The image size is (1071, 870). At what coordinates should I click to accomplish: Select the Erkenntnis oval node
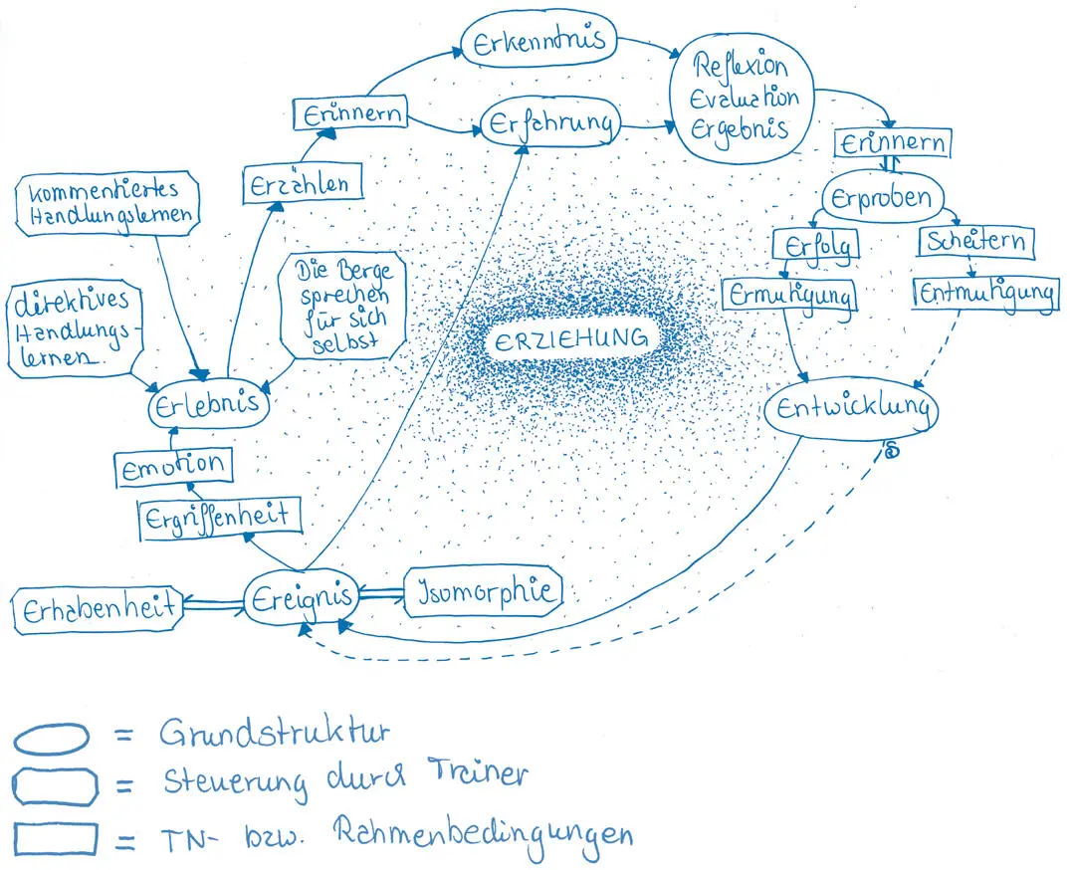(x=538, y=43)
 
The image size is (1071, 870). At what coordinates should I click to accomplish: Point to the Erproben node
(x=882, y=198)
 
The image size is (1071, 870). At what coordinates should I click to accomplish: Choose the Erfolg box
(x=815, y=243)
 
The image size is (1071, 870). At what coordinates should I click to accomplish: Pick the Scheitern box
(x=975, y=241)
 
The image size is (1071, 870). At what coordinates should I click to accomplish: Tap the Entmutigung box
(x=985, y=293)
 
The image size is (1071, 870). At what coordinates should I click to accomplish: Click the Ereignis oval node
(x=301, y=597)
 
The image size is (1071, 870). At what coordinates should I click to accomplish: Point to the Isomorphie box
(x=482, y=591)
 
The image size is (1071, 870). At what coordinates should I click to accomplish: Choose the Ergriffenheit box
(x=216, y=517)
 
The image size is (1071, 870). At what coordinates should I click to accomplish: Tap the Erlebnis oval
(x=207, y=404)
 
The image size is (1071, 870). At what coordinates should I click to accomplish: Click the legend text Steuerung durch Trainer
(x=344, y=777)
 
